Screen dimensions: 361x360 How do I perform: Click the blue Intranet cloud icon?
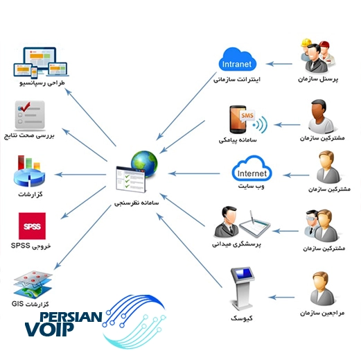237,60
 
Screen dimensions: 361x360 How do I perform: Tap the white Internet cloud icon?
252,169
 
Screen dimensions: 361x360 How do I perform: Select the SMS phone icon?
248,119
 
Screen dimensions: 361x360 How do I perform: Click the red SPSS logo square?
32,226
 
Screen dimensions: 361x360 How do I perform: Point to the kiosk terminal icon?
242,289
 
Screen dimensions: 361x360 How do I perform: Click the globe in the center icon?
144,164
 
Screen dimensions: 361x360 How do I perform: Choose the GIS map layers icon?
33,285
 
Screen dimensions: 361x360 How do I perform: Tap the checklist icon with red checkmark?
30,115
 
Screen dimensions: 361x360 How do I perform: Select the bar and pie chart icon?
29,171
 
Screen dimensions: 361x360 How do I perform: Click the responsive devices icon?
41,62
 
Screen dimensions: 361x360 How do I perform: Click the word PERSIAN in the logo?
71,317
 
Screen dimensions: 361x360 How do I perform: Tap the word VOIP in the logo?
49,329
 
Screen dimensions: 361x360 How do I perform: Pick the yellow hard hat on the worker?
306,42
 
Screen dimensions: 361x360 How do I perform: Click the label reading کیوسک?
242,318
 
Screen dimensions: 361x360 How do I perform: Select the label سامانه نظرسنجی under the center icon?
137,203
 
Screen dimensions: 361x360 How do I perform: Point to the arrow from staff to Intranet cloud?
279,64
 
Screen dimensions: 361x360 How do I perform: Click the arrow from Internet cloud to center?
194,173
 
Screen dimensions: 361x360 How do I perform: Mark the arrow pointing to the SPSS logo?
83,203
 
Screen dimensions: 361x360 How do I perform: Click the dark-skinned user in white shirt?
321,117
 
